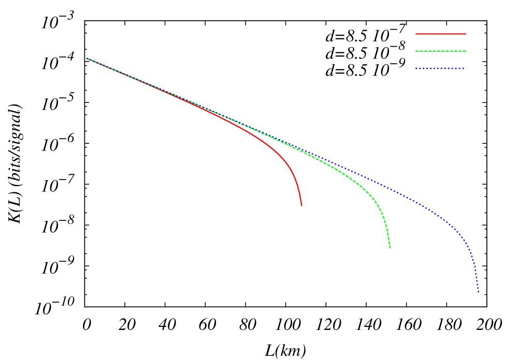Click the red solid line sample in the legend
coord(440,34)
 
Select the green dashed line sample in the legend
coord(440,51)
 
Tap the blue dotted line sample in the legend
coord(440,68)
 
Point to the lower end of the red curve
coord(301,206)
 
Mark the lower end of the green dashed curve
coord(390,248)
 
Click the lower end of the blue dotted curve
coord(478,292)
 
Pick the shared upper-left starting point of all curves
coord(87,58)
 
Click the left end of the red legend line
coord(415,34)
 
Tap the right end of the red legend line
coord(466,34)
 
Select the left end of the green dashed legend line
coord(415,51)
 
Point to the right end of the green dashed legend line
coord(466,51)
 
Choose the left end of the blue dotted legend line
coord(415,68)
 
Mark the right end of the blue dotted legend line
coord(466,68)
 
